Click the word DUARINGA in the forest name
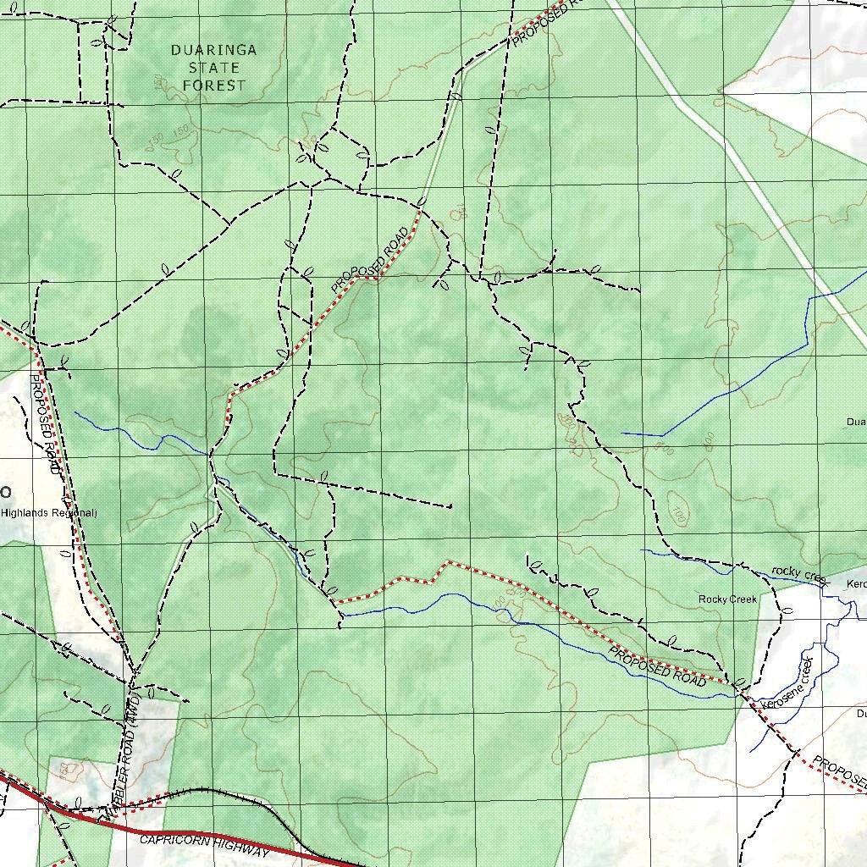click(213, 50)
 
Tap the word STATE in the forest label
click(213, 68)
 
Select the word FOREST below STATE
click(213, 86)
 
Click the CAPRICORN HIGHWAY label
click(203, 844)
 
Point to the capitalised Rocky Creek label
click(727, 599)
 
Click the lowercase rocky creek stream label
click(798, 575)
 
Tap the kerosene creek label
click(787, 684)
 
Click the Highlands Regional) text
click(48, 513)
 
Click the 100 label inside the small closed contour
click(676, 513)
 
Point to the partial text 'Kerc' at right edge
click(856, 585)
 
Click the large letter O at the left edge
click(5, 493)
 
